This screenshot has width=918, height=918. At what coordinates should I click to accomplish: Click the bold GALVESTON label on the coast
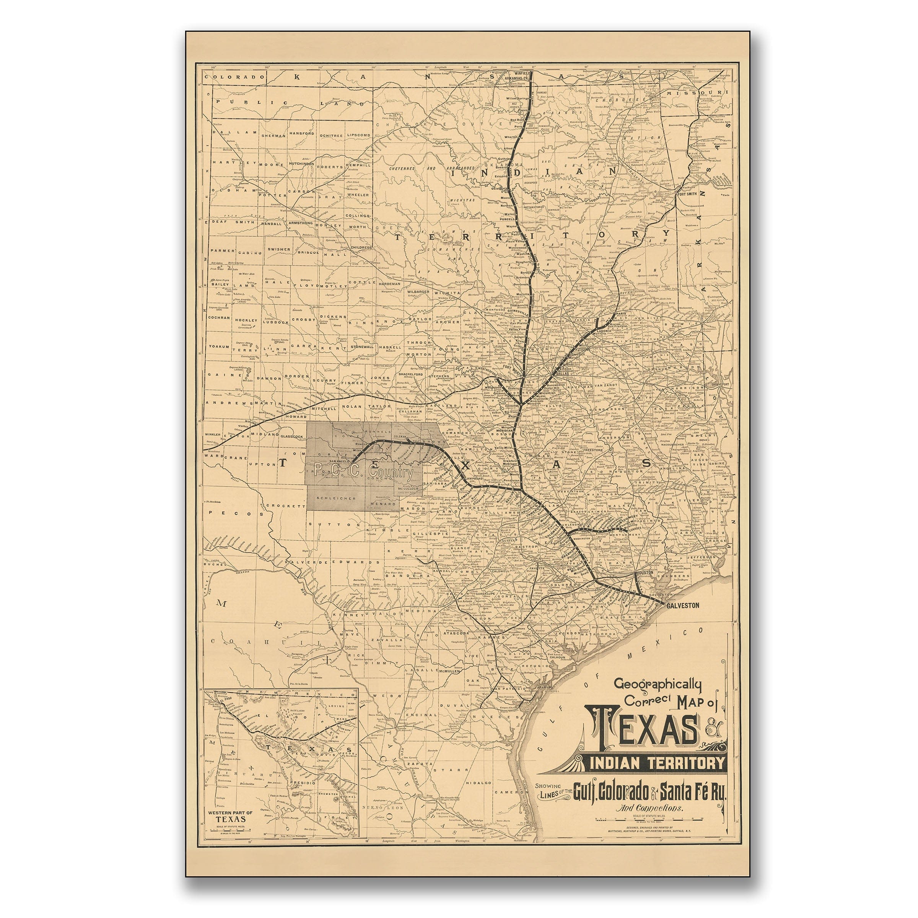tap(683, 605)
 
